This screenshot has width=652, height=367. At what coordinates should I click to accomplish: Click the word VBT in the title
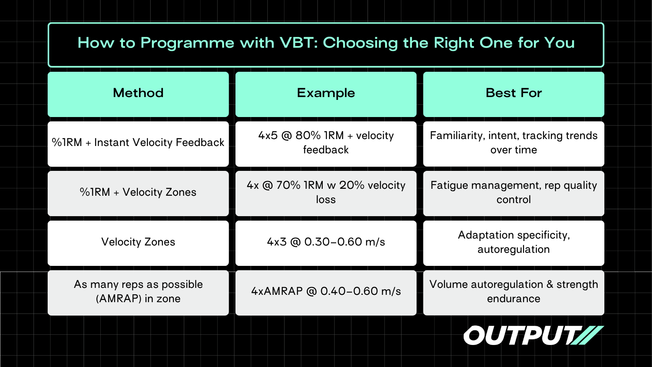(299, 43)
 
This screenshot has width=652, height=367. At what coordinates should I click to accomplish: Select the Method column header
(138, 94)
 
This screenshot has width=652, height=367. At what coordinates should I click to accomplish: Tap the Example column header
(326, 94)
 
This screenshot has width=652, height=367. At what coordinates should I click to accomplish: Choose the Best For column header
(514, 94)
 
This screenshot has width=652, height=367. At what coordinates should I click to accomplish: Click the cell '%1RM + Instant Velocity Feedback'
(138, 144)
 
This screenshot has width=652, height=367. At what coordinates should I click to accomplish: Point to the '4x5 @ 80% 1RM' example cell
(326, 144)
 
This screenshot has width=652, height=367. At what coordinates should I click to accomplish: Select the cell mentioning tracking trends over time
(514, 144)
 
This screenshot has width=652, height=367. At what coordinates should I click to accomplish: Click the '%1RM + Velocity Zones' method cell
(138, 193)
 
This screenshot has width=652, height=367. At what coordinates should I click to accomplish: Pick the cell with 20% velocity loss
(326, 193)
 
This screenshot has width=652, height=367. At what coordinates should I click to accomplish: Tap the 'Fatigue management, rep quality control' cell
(514, 193)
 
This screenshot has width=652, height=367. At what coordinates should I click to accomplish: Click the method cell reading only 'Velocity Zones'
(138, 243)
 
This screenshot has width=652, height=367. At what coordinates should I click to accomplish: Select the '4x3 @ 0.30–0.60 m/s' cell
(326, 243)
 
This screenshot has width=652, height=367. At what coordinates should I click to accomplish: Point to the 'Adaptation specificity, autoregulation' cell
(514, 243)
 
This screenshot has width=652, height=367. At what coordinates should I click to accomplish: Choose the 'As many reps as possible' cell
(138, 293)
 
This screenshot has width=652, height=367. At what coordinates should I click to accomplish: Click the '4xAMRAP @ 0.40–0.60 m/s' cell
(326, 293)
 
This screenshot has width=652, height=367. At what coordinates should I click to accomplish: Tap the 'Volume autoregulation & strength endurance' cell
(514, 293)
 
